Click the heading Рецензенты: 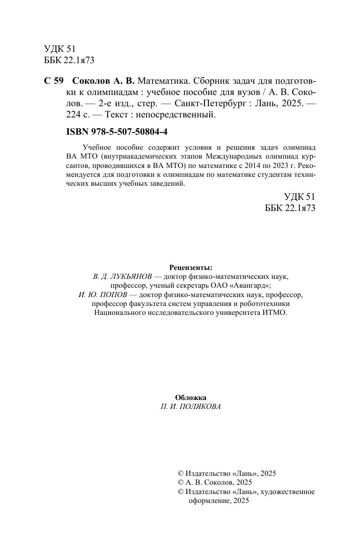(x=191, y=268)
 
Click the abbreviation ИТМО (x=274, y=313)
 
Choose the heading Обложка (x=191, y=398)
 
